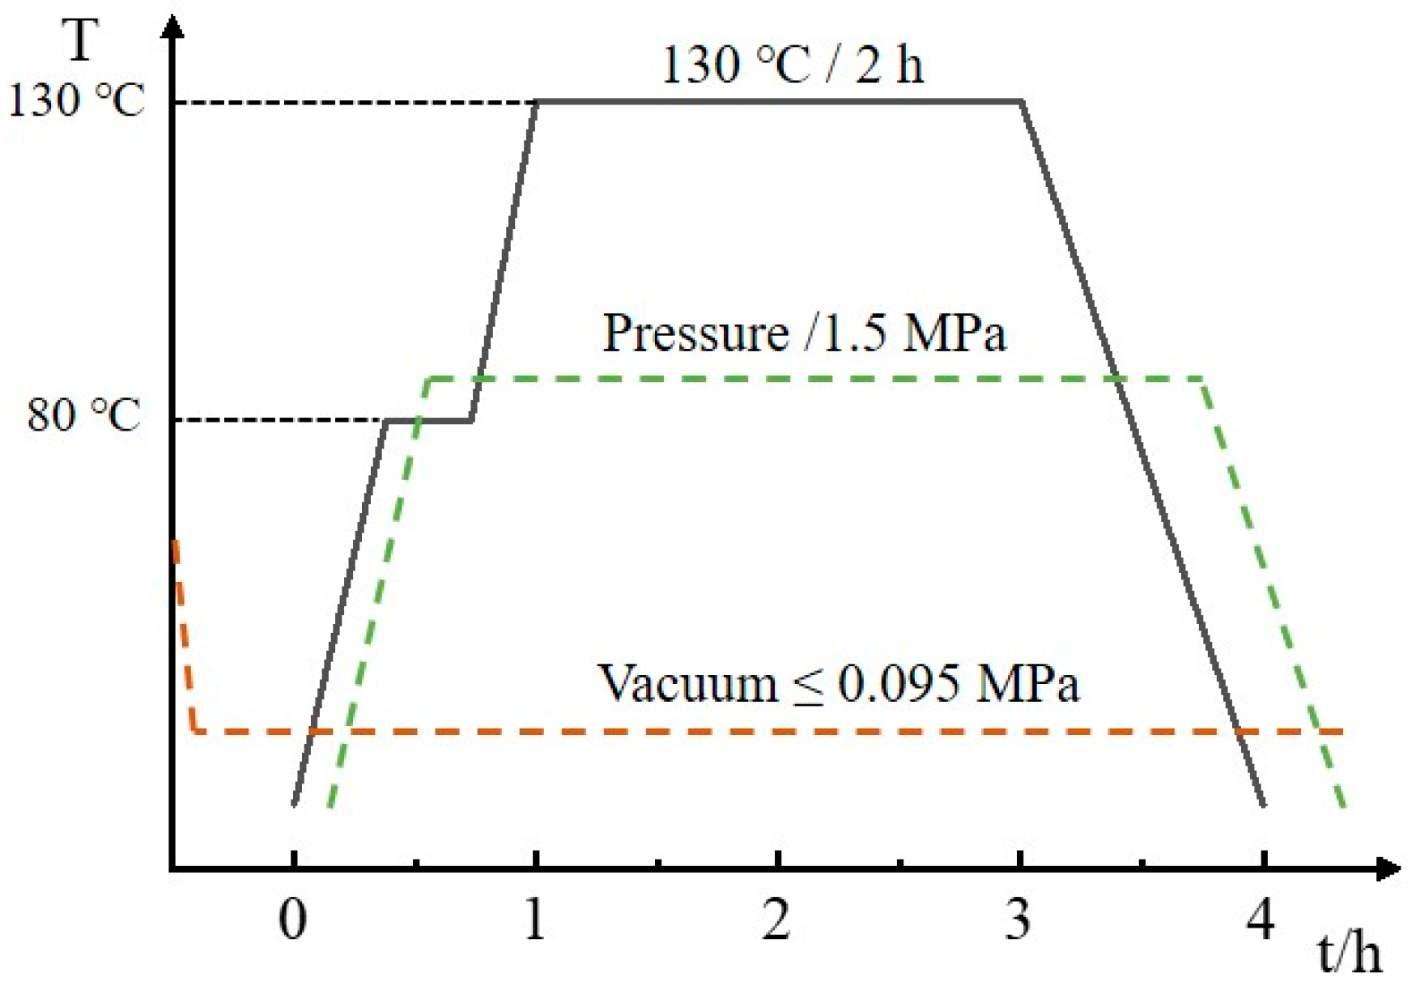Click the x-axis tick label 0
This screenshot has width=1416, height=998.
click(292, 920)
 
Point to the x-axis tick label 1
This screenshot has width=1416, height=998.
click(534, 920)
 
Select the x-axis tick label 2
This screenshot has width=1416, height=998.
click(776, 920)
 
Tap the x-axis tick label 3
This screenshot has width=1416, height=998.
click(1018, 920)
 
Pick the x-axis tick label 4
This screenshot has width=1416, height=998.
click(1261, 920)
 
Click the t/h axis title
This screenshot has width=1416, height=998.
click(1349, 954)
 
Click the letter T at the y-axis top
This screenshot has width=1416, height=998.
click(82, 40)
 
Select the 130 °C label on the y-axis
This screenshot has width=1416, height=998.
click(76, 101)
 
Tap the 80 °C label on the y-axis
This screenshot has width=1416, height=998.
click(84, 416)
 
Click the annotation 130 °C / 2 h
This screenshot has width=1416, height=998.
click(793, 65)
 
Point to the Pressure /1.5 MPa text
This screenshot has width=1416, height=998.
click(804, 333)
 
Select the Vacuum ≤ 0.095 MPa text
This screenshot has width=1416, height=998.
click(838, 683)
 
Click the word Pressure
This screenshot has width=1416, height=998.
click(695, 333)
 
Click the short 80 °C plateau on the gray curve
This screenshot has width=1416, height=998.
click(429, 420)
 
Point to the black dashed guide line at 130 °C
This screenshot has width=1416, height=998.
click(356, 103)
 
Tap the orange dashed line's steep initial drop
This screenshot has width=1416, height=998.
click(184, 631)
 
